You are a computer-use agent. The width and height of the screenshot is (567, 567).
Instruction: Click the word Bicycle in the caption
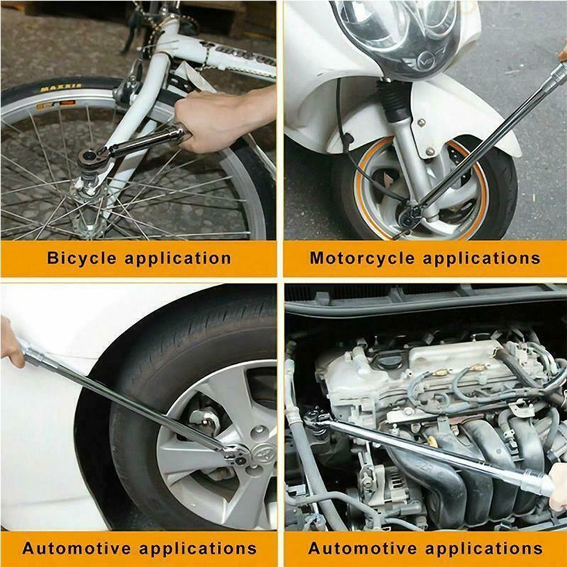tap(82, 259)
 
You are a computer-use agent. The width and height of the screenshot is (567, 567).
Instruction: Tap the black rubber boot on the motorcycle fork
tap(393, 99)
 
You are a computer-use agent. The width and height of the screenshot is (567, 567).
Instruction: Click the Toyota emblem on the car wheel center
tap(261, 452)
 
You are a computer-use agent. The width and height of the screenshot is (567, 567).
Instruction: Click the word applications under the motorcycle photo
tap(481, 259)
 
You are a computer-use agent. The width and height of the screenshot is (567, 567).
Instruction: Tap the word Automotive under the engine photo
tap(362, 548)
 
